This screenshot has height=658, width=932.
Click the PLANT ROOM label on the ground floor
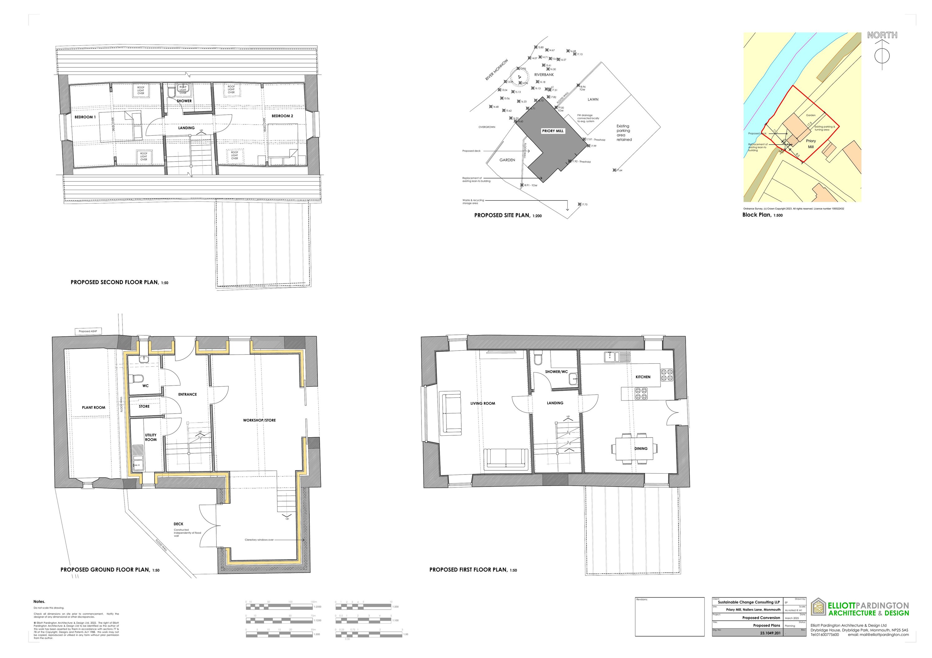(x=94, y=407)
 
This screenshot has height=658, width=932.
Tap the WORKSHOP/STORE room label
(x=259, y=420)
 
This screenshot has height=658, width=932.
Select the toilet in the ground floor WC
(x=136, y=378)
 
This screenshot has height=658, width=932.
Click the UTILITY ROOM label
(x=151, y=437)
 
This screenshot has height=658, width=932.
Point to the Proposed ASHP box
(x=88, y=331)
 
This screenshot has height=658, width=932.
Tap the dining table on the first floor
(x=634, y=448)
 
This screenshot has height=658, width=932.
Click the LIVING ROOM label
(x=483, y=403)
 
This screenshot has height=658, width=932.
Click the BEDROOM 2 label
(x=282, y=116)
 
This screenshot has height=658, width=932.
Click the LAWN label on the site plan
(x=593, y=99)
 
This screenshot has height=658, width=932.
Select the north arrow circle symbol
(x=882, y=56)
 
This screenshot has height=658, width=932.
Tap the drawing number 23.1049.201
(x=770, y=633)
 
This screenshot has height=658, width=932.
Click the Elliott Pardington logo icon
(x=818, y=607)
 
